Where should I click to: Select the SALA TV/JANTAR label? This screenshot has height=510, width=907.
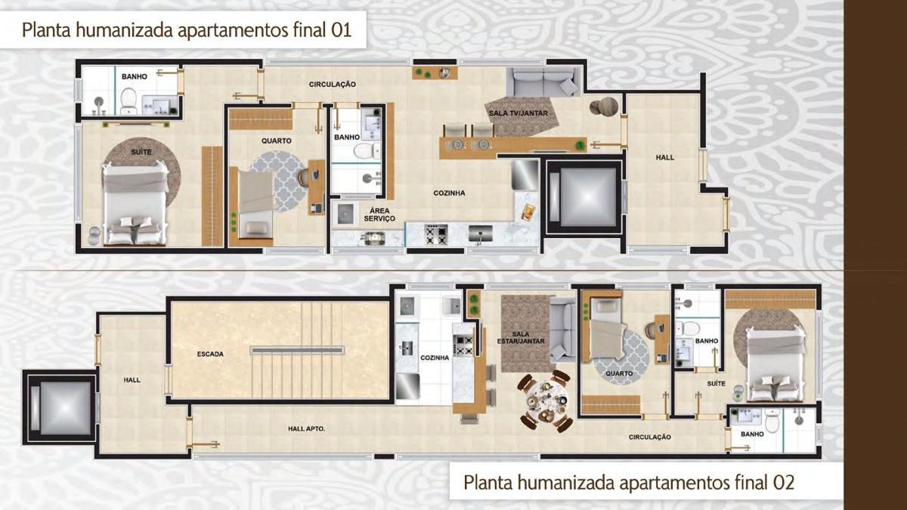pos(518,113)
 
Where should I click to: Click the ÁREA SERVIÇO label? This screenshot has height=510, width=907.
pos(379,214)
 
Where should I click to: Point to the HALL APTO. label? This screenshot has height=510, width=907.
pos(306,429)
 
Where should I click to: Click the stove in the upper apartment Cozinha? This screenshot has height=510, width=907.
pos(436,235)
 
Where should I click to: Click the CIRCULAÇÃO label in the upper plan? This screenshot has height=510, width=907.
pos(332,85)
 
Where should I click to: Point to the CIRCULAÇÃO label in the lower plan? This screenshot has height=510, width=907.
pos(649,437)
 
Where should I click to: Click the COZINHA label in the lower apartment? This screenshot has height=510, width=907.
pos(435,357)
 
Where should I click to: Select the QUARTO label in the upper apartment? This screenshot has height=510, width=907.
pos(277,141)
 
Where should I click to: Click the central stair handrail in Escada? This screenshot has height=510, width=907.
pos(298,350)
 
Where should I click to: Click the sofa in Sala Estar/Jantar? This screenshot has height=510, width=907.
pos(562,329)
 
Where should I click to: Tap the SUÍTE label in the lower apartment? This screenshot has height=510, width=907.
pos(716,384)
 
